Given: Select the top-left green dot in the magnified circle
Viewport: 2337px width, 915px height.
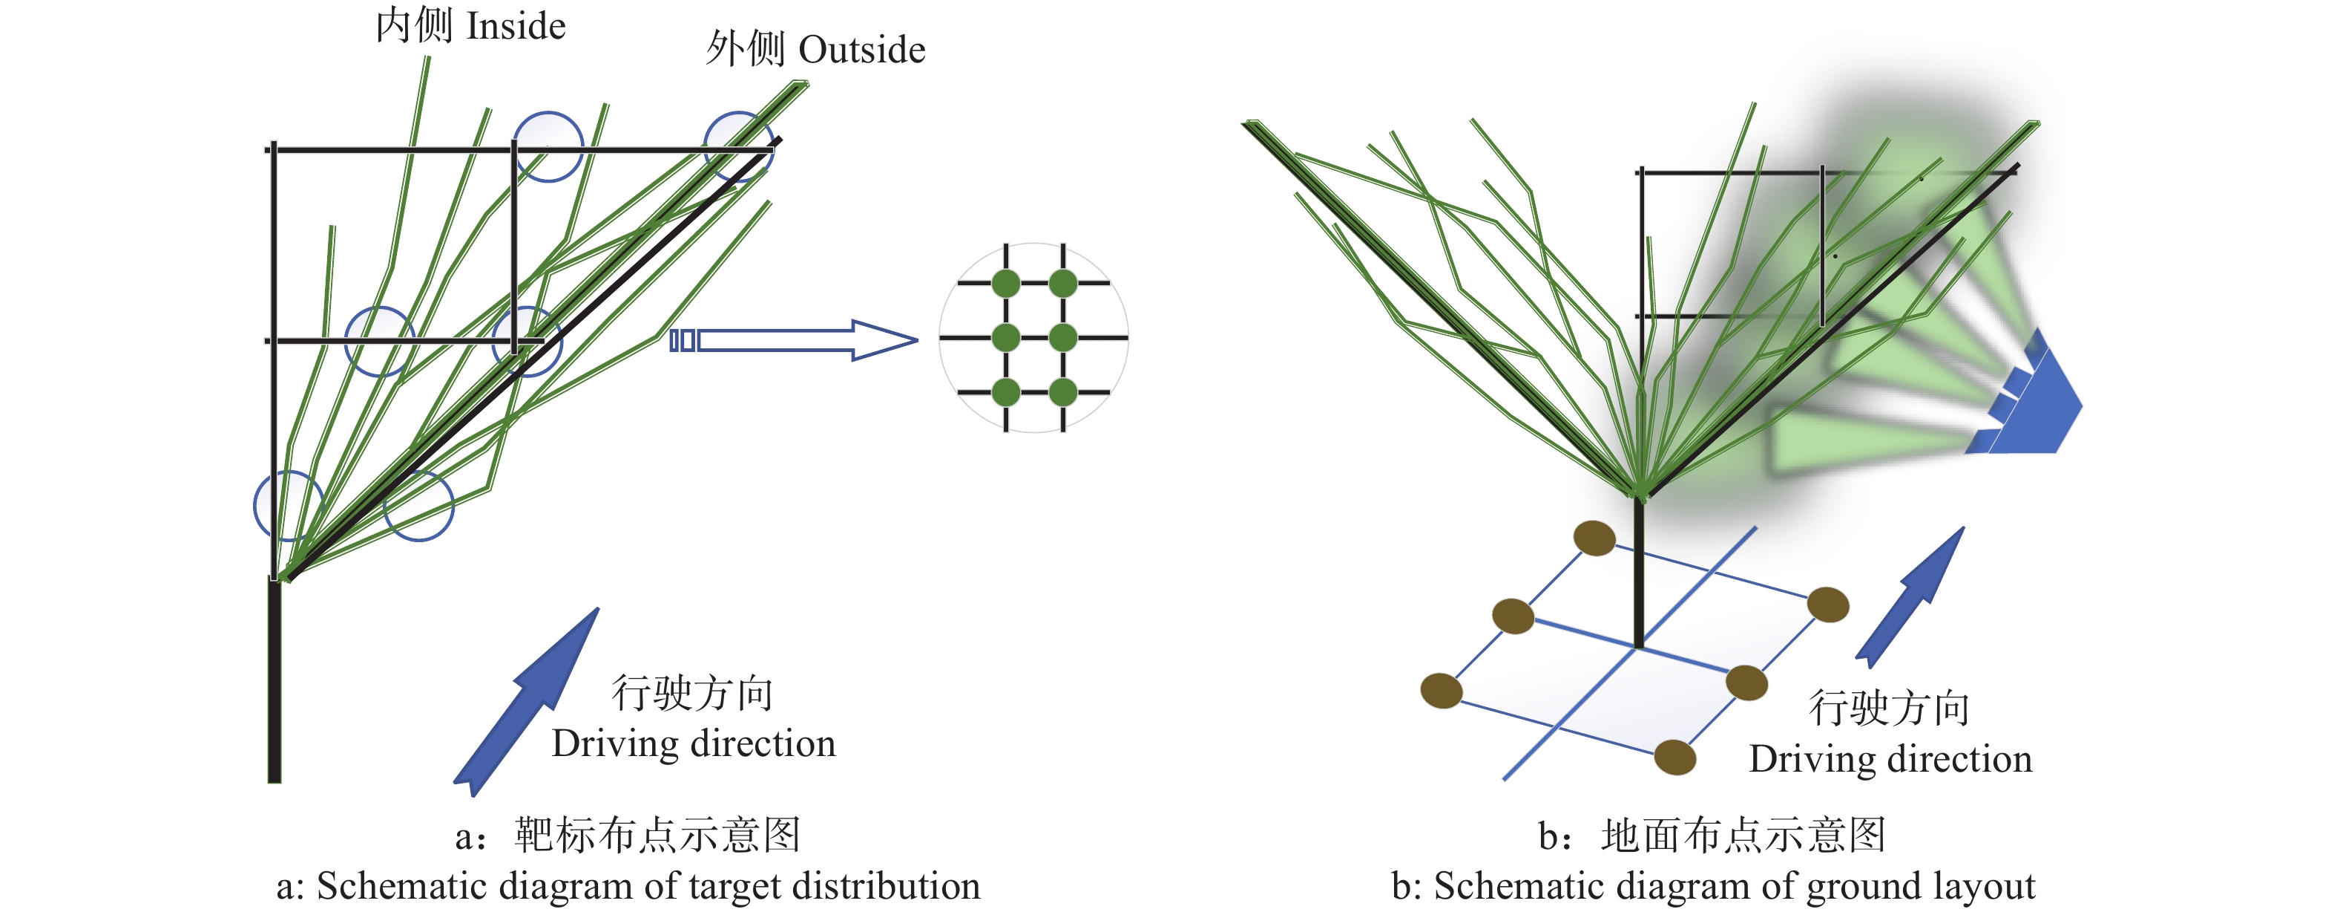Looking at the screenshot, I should click(1006, 283).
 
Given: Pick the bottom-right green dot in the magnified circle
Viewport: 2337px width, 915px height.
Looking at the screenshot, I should click(1062, 393).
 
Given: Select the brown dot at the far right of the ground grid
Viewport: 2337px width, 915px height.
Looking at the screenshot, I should click(1827, 605).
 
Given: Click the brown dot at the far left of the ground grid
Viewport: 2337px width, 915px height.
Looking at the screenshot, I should click(1441, 691).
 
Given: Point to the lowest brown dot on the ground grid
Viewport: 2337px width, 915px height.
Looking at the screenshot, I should click(1674, 757).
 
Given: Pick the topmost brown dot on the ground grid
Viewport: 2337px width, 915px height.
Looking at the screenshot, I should click(1594, 538).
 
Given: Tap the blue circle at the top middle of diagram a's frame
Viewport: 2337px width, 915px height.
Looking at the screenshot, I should click(548, 146).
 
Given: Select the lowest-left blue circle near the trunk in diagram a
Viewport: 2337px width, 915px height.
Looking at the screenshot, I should click(289, 506).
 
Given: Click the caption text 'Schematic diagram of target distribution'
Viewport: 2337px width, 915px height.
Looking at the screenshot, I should click(648, 886).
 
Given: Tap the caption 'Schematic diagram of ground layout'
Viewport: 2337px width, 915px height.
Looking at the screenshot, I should click(1734, 886).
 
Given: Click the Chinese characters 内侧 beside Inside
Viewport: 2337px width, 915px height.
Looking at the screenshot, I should click(414, 25).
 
